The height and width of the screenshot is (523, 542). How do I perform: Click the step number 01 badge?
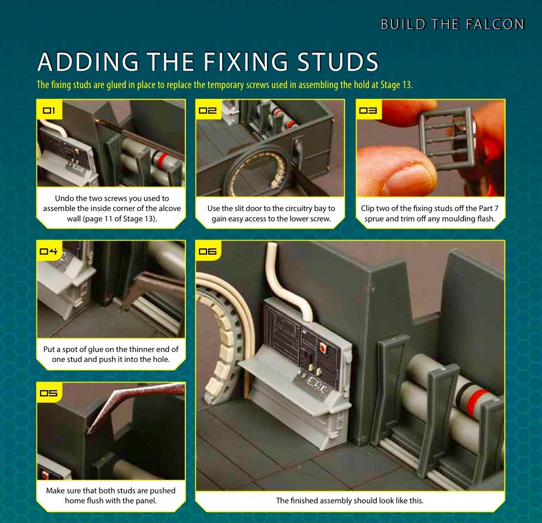coord(49,110)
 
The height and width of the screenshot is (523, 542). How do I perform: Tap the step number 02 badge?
coord(207,110)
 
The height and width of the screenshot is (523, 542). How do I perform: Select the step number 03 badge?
coord(368,110)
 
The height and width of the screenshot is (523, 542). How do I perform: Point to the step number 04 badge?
coord(49,251)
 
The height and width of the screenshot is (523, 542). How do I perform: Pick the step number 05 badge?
coord(49,393)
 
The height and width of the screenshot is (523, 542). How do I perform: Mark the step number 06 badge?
coord(207,251)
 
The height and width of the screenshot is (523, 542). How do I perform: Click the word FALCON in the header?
coord(495,24)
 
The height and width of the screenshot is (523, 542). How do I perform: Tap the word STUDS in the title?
coord(338,61)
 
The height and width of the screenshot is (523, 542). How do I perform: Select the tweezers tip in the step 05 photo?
coord(89,431)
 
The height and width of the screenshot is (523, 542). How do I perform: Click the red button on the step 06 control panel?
coord(322,347)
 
